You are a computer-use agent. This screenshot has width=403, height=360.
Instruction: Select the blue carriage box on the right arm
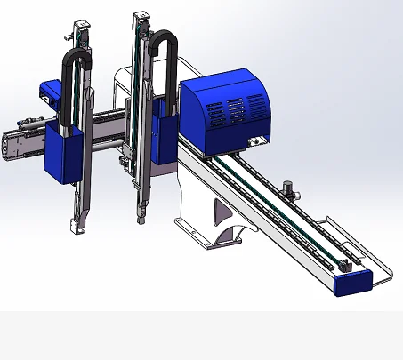click(165, 131)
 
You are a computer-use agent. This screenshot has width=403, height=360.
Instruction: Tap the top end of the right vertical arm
click(141, 17)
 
